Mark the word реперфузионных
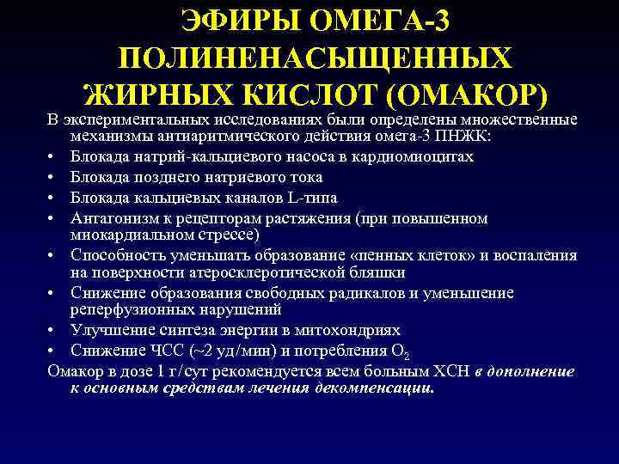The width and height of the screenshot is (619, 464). (131, 311)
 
